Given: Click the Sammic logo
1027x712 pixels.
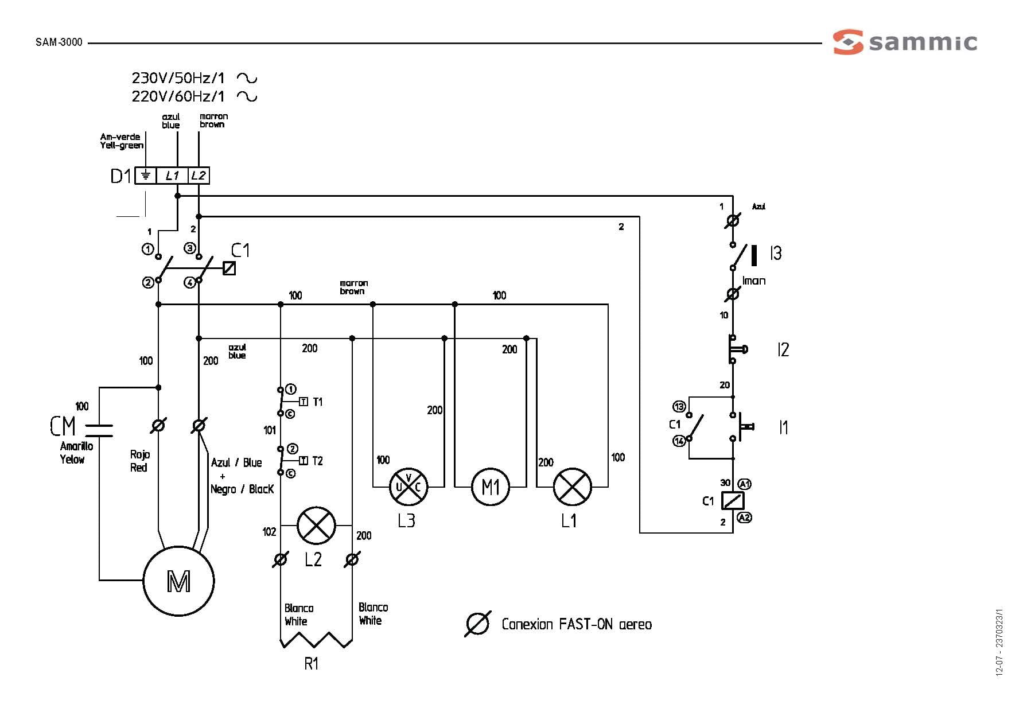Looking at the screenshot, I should (x=905, y=42).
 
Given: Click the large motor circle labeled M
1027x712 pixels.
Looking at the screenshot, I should (x=178, y=581).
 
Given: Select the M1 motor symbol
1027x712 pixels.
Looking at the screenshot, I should (x=491, y=487).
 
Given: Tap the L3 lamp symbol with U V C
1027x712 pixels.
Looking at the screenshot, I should (x=409, y=487).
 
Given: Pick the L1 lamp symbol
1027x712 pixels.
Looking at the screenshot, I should (x=572, y=487).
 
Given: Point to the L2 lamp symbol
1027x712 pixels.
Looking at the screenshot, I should (x=316, y=526).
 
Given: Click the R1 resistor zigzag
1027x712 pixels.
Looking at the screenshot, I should (x=316, y=639).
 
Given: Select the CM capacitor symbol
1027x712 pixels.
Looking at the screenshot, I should (x=99, y=426).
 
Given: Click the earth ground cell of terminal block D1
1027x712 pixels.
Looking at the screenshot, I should (x=146, y=176).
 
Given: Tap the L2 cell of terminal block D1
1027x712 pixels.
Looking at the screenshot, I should (x=199, y=176).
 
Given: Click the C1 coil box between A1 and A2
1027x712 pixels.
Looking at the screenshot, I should (x=732, y=501).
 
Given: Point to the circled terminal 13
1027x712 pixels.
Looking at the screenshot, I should (x=679, y=407).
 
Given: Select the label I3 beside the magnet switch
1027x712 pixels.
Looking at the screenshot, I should (x=776, y=253).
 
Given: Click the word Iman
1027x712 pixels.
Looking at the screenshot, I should (x=754, y=281).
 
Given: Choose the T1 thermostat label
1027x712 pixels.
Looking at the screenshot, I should (x=317, y=402).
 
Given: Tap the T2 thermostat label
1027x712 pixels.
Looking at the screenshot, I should (x=317, y=461).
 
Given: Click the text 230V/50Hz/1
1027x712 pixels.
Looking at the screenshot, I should (x=178, y=77).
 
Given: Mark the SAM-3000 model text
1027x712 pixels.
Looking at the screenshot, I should (x=59, y=42).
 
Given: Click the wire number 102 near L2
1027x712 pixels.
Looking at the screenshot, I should (x=269, y=532).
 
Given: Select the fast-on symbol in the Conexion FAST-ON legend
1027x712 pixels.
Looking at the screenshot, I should (x=477, y=624).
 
